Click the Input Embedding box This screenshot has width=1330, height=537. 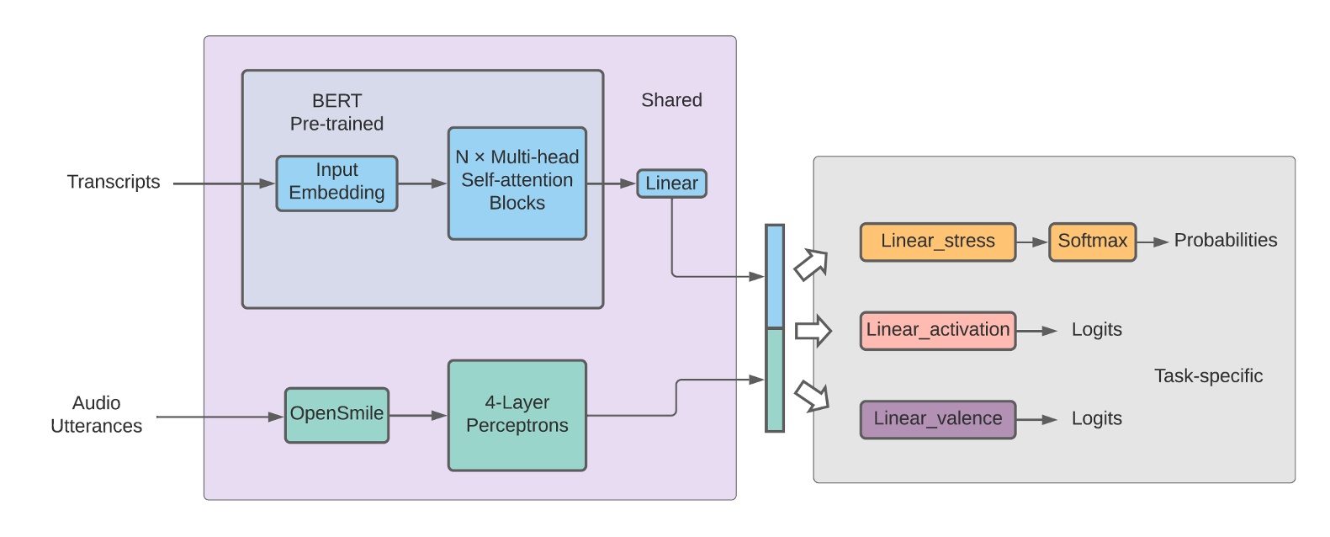(x=336, y=183)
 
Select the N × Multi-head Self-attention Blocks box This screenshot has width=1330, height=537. (x=517, y=183)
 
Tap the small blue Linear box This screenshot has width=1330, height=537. (x=671, y=183)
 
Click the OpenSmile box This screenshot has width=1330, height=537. (x=336, y=414)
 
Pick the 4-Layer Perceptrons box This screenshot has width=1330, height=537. (x=517, y=415)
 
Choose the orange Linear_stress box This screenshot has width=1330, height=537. (x=937, y=242)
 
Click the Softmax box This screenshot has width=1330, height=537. (x=1092, y=242)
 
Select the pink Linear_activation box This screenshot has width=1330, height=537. (x=937, y=330)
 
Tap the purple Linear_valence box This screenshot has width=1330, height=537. (x=937, y=419)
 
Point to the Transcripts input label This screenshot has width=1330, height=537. (x=114, y=182)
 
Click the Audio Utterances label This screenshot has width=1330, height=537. (x=96, y=414)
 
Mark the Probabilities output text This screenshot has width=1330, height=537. (x=1225, y=241)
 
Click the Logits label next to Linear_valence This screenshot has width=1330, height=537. (x=1096, y=418)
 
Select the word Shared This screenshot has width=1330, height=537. (x=671, y=100)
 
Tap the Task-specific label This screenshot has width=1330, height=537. (x=1208, y=376)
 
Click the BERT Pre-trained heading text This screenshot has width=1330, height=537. (x=336, y=112)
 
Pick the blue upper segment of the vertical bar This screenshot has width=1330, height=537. (x=774, y=276)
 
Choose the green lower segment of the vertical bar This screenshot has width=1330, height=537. (x=774, y=380)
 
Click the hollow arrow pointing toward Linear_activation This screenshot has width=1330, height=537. (x=813, y=331)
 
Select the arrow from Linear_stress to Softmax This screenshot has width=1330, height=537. (x=1031, y=242)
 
